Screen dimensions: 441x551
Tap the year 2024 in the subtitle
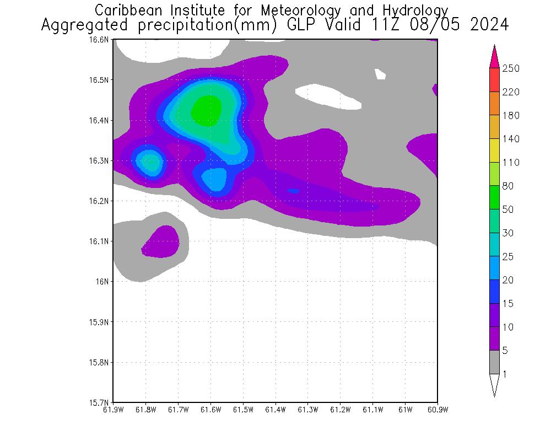(489, 25)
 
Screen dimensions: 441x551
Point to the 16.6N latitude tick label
(101, 40)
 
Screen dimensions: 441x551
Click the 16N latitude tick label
(104, 282)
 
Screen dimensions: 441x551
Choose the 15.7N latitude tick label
(101, 402)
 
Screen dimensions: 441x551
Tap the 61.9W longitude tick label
(114, 410)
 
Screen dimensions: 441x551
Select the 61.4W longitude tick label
(275, 410)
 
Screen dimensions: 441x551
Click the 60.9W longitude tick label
(437, 410)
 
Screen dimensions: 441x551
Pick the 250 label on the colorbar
(511, 68)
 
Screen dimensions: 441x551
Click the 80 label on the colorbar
(508, 186)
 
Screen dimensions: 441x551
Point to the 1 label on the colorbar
(505, 374)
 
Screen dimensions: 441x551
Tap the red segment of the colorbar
(494, 80)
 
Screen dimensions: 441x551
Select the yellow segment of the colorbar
(494, 150)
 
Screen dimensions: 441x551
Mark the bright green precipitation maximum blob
(207, 110)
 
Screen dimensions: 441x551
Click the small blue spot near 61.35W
(293, 191)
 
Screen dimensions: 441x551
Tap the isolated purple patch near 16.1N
(162, 241)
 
